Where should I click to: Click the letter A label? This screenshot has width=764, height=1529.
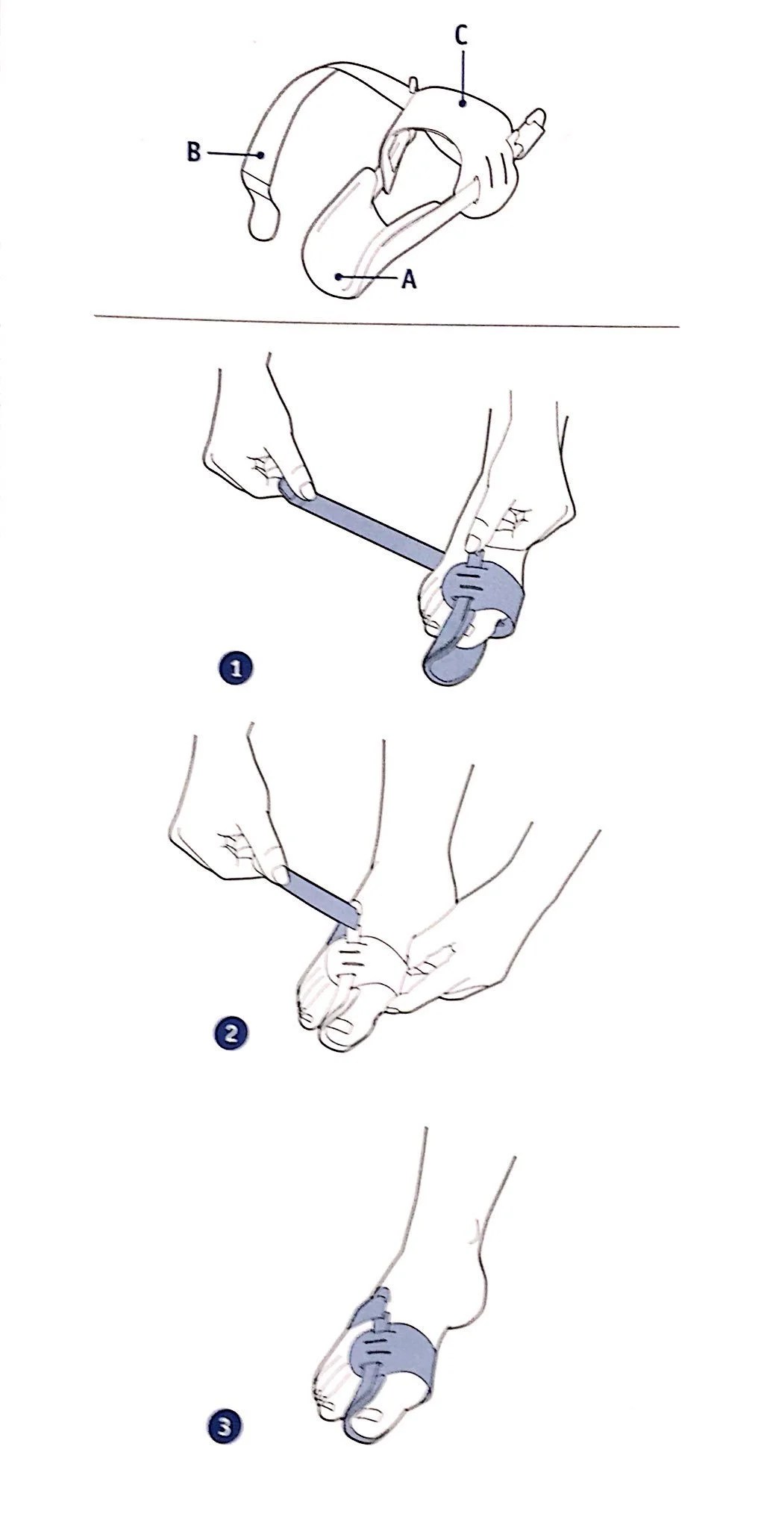[x=408, y=280]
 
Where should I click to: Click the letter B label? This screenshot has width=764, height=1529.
[x=193, y=153]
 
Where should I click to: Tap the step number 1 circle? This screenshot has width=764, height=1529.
[x=237, y=668]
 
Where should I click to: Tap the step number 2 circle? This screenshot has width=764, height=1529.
[x=230, y=1035]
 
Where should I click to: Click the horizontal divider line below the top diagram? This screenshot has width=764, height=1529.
[x=387, y=323]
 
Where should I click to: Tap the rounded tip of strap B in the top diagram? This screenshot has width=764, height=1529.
[x=263, y=221]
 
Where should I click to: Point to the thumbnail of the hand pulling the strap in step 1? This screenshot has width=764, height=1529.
[x=305, y=490]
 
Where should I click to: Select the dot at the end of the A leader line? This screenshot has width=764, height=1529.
[x=339, y=275]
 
